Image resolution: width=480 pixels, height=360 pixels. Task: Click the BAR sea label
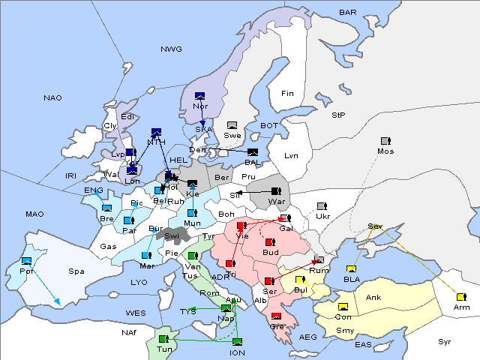point(347,13)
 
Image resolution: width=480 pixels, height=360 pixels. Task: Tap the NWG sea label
point(171,49)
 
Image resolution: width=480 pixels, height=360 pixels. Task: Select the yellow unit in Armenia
point(460,297)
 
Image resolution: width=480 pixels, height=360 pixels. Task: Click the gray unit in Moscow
point(385,141)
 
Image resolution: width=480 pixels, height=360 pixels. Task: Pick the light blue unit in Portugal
point(27,261)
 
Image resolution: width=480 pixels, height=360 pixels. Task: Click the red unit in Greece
point(276,316)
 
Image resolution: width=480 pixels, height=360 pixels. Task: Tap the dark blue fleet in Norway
point(199,95)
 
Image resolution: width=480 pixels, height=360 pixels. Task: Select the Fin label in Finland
point(287,94)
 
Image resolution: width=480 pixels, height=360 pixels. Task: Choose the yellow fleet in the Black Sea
point(351,269)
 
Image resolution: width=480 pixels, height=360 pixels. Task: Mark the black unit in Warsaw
point(276,191)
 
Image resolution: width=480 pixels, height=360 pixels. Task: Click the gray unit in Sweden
point(232,125)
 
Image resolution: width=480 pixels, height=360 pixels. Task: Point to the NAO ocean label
point(52,98)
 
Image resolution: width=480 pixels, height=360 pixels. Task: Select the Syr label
point(445,341)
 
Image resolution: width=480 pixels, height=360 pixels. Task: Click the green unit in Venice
point(193,256)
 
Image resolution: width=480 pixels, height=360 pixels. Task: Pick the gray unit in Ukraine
point(322,206)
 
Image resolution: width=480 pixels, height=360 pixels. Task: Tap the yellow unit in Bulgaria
point(300,280)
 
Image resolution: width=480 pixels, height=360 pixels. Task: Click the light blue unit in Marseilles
point(146,256)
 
